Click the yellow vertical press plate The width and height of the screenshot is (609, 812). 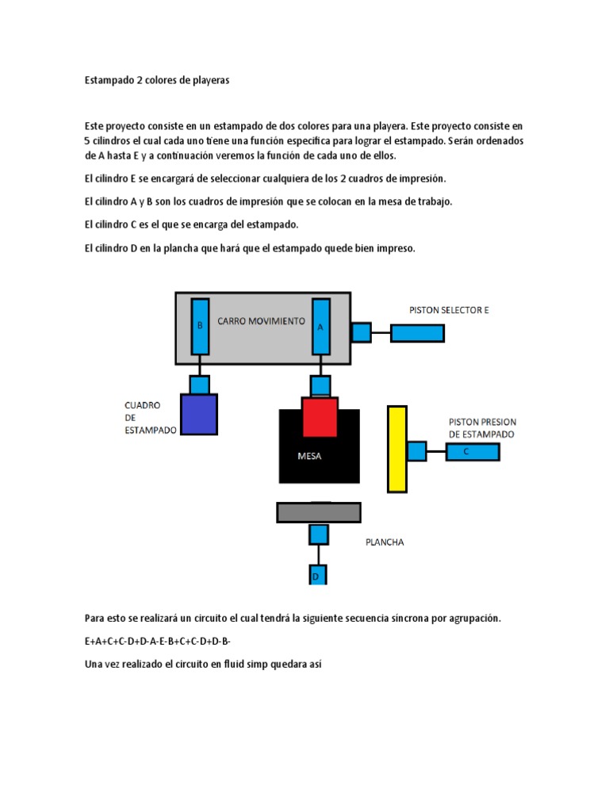click(396, 449)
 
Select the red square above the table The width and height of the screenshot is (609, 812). click(320, 416)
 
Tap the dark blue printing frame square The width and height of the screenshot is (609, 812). click(198, 414)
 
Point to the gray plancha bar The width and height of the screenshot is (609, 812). click(318, 512)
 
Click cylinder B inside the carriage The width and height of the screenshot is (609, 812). click(200, 326)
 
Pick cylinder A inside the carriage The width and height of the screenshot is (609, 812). click(321, 326)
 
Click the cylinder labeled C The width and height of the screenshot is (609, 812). click(472, 452)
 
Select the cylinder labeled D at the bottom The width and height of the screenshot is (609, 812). click(317, 575)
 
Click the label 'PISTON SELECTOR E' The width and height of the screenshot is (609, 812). click(449, 310)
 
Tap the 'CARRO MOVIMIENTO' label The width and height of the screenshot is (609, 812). click(261, 321)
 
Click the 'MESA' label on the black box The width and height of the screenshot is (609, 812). click(309, 456)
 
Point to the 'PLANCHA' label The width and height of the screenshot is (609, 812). click(385, 542)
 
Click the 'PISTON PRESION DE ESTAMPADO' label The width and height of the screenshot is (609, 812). click(481, 428)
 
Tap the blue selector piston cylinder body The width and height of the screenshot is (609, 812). click(417, 333)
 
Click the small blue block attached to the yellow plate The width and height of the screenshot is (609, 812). click(416, 451)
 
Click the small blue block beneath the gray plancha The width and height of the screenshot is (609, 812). click(318, 534)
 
